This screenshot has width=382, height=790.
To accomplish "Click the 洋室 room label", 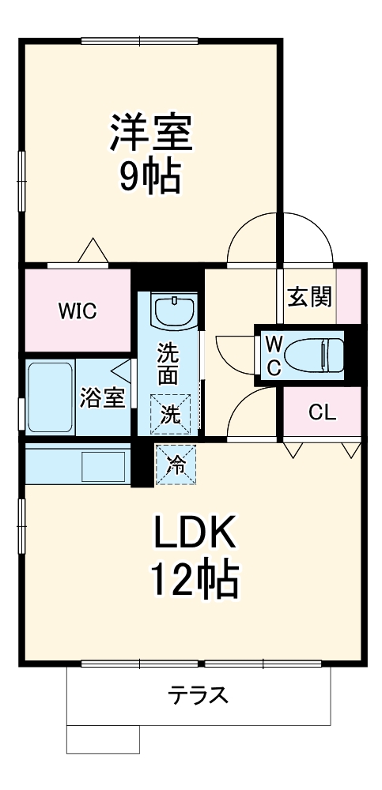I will click(x=151, y=133).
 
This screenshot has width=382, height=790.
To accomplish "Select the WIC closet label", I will click(x=78, y=310).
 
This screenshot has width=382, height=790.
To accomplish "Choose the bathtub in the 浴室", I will click(x=50, y=397).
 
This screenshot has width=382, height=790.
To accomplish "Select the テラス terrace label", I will click(x=199, y=695).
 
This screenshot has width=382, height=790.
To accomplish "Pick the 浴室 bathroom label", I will click(x=103, y=397).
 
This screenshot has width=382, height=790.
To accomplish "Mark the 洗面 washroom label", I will click(x=168, y=363).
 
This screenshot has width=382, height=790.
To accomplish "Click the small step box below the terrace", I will click(x=103, y=738).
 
